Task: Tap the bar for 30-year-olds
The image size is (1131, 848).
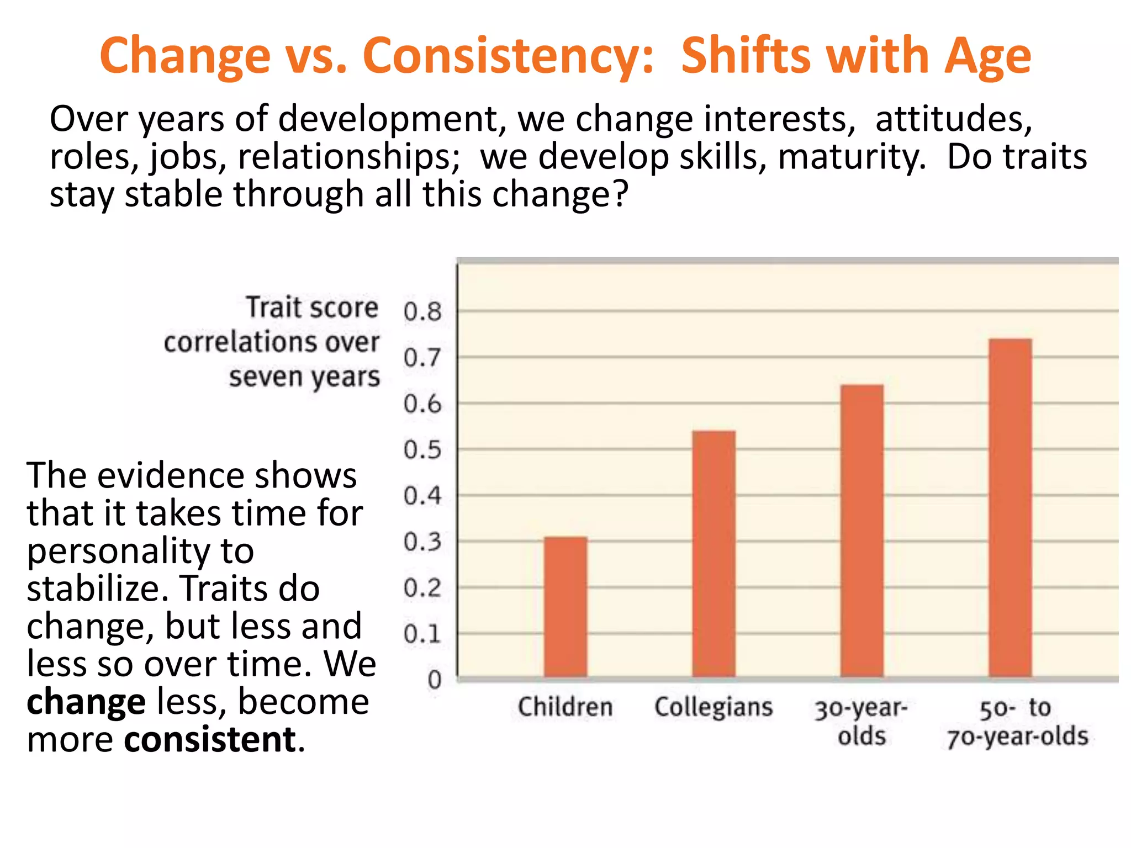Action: pos(862,530)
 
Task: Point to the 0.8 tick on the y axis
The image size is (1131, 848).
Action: pos(422,312)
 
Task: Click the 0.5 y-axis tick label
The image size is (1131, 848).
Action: pos(422,450)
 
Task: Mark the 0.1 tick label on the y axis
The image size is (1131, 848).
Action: pos(422,634)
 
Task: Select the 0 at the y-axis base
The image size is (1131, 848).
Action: pos(435,680)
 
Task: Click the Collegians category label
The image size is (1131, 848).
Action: pos(714,707)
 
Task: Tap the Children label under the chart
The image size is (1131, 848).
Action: pos(565,707)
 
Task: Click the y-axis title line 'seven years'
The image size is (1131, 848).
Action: pos(304,378)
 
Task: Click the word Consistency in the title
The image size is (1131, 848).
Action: pos(508,56)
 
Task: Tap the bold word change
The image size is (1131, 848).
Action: pos(86,702)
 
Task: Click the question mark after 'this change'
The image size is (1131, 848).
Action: pos(621,194)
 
